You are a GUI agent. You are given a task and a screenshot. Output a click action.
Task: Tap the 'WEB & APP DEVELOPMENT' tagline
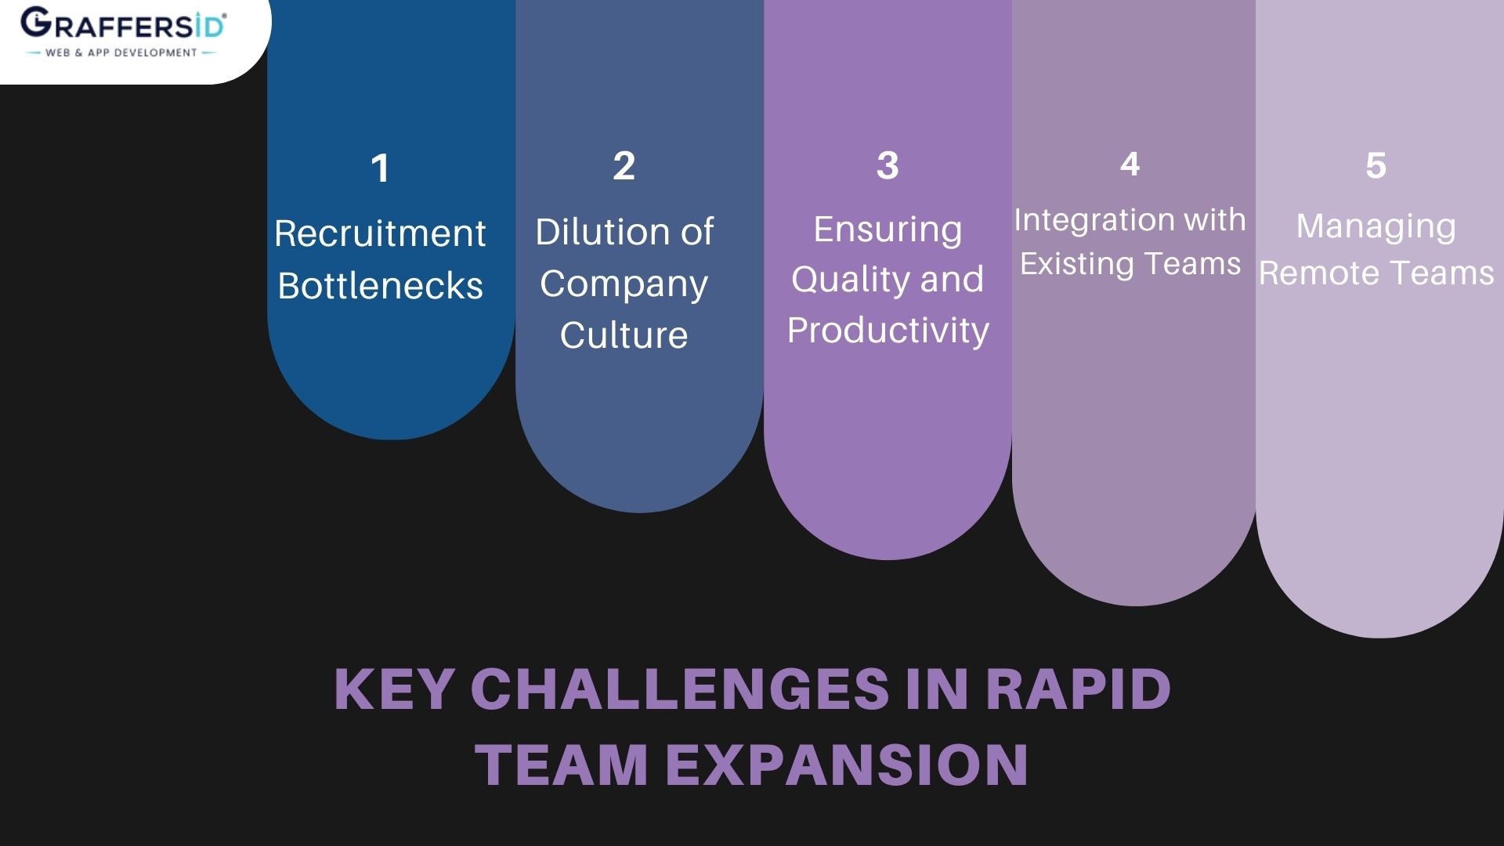pos(121,52)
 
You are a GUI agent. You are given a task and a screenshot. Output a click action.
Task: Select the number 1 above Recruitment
pos(380,168)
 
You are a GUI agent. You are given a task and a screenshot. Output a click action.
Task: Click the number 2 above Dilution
pos(624,165)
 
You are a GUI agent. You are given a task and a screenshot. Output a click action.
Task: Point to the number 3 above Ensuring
pos(888,165)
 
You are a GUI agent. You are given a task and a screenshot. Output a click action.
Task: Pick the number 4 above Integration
pos(1130,164)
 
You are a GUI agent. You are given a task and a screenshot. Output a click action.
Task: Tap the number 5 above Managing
pos(1376,165)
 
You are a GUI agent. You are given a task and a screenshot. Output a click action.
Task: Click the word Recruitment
pos(380,233)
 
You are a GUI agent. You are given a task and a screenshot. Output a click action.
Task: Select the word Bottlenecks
pos(380,285)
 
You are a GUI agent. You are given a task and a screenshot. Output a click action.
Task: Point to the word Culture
pos(624,334)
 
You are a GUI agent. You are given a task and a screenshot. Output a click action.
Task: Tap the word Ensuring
pos(888,230)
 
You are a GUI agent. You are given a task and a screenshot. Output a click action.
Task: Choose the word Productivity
pos(888,330)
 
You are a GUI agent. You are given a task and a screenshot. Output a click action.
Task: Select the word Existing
pos(1077,264)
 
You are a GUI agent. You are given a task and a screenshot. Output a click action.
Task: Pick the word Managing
pos(1376,226)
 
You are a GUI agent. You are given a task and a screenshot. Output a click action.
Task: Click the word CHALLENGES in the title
pos(679,689)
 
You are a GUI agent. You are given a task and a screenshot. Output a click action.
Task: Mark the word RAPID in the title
pos(1077,689)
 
